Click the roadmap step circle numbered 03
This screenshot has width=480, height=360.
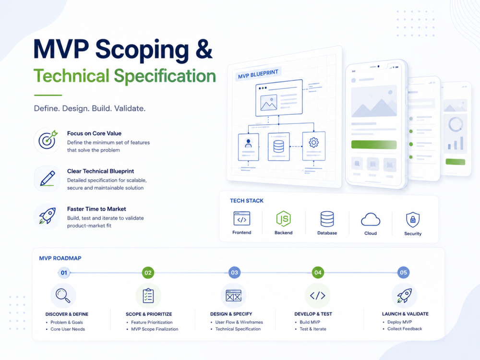235,273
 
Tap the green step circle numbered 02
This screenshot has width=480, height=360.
148,273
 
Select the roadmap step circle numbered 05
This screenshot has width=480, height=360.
404,273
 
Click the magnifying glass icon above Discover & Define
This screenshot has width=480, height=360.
63,296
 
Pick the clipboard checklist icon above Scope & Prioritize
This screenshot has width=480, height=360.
148,295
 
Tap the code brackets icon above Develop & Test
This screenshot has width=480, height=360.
317,295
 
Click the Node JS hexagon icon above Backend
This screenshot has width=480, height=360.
284,219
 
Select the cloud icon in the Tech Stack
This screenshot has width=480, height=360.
371,219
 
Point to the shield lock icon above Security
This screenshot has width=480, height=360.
413,219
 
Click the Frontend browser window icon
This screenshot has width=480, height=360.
242,218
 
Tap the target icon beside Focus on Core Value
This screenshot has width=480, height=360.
48,140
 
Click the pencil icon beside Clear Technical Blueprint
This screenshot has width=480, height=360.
48,178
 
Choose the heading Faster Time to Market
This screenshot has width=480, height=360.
96,209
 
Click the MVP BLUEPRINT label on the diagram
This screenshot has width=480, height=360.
258,74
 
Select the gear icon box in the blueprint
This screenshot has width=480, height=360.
314,146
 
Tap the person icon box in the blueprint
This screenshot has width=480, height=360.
248,147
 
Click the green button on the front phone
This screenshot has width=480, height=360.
374,144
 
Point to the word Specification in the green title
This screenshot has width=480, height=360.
165,76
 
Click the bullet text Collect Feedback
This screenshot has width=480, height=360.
405,328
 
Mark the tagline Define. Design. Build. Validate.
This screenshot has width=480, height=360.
90,108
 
